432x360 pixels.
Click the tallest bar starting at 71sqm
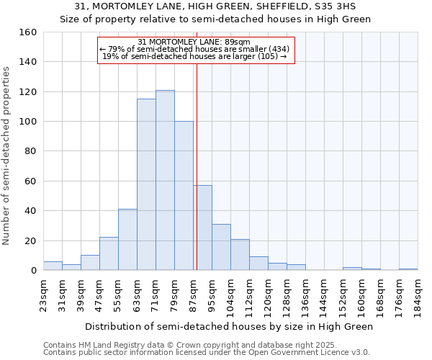[165, 180]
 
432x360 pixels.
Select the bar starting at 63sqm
[146, 184]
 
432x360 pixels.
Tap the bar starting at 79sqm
[184, 196]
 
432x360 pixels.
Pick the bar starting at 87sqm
[202, 228]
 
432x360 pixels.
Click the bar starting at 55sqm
[127, 240]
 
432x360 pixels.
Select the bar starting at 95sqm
[221, 247]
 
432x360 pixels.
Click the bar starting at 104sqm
[240, 255]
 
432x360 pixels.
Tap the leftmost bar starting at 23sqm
[53, 266]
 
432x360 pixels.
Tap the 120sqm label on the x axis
[268, 294]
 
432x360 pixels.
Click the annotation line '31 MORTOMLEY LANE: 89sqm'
[195, 42]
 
